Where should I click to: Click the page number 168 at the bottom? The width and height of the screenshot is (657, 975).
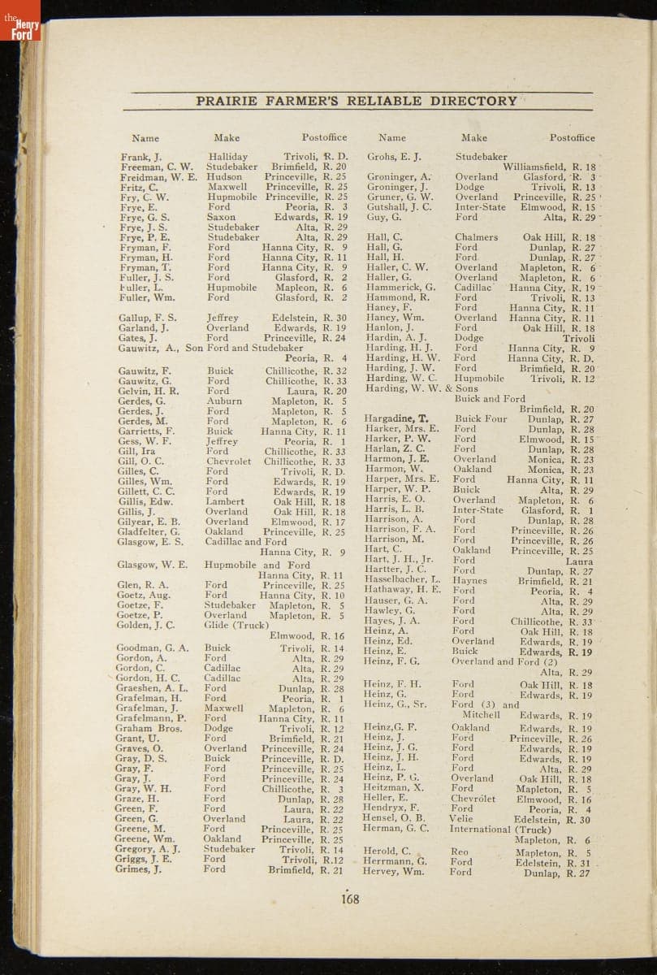[x=350, y=899]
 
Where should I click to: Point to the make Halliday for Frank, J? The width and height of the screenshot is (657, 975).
[x=227, y=157]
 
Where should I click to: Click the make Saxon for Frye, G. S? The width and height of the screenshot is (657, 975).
[x=221, y=218]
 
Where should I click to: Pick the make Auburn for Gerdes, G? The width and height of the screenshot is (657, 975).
[x=223, y=401]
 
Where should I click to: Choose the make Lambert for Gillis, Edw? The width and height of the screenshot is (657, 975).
[x=225, y=502]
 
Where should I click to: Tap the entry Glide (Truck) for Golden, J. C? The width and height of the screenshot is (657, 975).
[x=236, y=625]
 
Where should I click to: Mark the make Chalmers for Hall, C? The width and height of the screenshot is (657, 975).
[x=477, y=237]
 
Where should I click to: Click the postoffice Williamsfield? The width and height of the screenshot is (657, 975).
[x=536, y=167]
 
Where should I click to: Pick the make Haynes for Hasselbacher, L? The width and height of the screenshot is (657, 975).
[x=470, y=581]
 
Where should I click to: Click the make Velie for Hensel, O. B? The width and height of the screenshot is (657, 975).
[x=461, y=818]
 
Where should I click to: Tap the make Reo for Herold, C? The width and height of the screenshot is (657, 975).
[x=459, y=852]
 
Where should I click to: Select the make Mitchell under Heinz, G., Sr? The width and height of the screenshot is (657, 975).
[x=481, y=715]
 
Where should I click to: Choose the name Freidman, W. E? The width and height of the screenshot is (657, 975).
[x=158, y=176]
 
